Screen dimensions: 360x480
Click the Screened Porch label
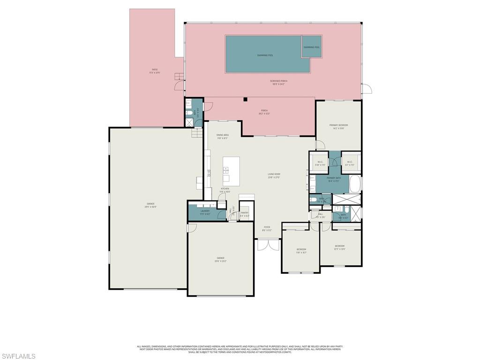tap(278, 82)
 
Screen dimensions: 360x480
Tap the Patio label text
tap(155, 71)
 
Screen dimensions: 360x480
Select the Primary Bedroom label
tap(338, 127)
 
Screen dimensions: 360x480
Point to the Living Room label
tap(274, 176)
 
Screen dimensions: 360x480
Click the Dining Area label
tap(222, 136)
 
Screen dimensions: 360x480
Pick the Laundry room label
tap(205, 212)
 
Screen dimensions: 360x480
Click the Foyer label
tap(266, 228)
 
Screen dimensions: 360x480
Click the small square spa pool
tap(311, 47)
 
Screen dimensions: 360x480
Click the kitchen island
tap(231, 169)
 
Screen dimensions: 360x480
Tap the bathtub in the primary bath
tap(355, 184)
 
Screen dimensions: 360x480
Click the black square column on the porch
tap(245, 99)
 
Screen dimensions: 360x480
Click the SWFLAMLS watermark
tap(18, 356)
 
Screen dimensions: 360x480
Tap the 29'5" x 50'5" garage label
tap(150, 205)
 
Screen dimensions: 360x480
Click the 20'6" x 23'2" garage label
tap(220, 259)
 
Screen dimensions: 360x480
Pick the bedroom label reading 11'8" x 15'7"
tap(301, 251)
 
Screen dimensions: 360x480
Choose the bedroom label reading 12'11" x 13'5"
tap(339, 247)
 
